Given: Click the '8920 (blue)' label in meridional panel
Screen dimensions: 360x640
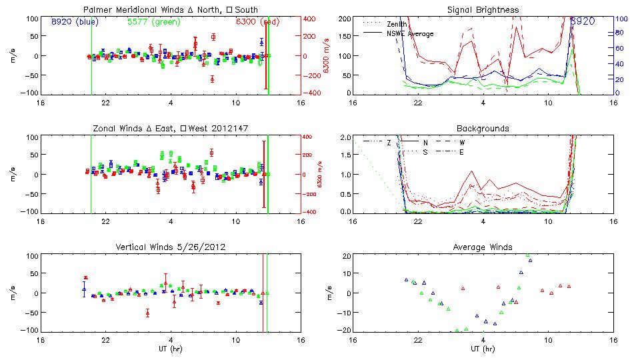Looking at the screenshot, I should [75, 21].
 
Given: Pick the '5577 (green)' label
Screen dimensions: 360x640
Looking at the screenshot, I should [153, 21].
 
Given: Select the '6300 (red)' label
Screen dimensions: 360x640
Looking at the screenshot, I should [261, 21].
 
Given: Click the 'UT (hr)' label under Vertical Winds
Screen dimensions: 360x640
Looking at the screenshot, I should [171, 349].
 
